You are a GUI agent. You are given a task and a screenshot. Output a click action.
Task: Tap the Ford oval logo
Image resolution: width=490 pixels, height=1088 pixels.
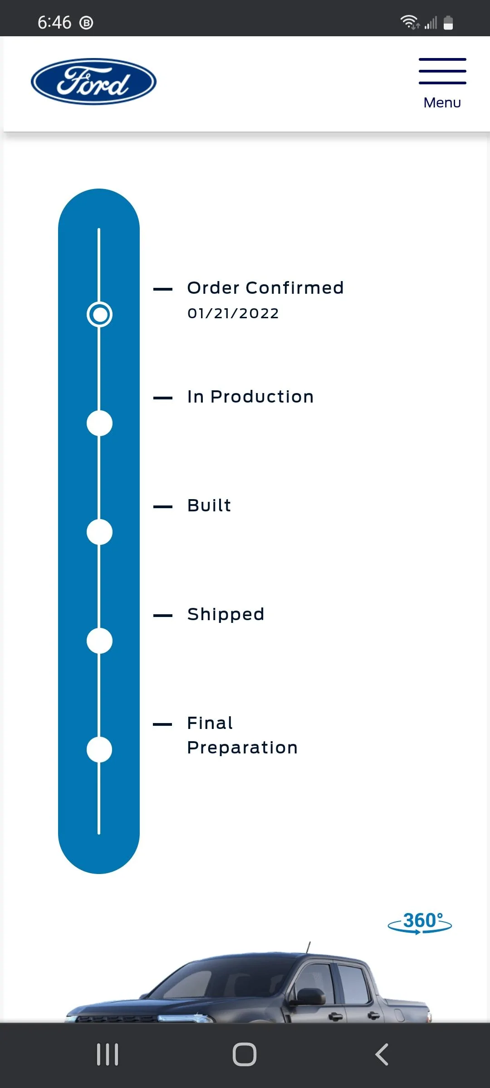pyautogui.click(x=94, y=82)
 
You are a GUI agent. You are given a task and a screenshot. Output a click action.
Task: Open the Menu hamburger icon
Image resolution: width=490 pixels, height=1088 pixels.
pyautogui.click(x=442, y=71)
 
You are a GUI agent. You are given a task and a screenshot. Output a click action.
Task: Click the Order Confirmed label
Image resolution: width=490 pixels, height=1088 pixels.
pyautogui.click(x=265, y=288)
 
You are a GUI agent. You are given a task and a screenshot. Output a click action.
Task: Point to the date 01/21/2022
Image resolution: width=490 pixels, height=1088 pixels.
pyautogui.click(x=233, y=313)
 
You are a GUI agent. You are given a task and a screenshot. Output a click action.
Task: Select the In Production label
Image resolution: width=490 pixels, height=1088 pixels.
pyautogui.click(x=250, y=397)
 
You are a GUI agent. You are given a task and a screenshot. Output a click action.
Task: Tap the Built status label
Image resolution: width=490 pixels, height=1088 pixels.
pyautogui.click(x=209, y=505)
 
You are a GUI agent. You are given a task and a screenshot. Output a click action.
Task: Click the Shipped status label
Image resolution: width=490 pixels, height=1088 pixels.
pyautogui.click(x=226, y=615)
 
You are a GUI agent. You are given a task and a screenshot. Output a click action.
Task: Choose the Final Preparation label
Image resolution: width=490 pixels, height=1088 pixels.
pyautogui.click(x=242, y=735)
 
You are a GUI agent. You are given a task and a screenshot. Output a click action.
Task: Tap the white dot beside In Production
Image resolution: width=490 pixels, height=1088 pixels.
pyautogui.click(x=99, y=423)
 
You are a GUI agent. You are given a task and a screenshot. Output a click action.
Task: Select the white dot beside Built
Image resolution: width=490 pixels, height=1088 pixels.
pyautogui.click(x=99, y=532)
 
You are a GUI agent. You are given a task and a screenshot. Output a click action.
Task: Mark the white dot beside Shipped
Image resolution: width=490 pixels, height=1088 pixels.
pyautogui.click(x=99, y=641)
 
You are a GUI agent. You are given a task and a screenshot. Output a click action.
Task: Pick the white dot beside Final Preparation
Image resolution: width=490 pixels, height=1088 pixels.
pyautogui.click(x=99, y=750)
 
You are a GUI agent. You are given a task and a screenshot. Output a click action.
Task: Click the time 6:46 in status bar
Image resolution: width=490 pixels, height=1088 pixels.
pyautogui.click(x=54, y=22)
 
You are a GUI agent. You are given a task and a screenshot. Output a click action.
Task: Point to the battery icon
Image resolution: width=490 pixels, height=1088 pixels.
pyautogui.click(x=448, y=22)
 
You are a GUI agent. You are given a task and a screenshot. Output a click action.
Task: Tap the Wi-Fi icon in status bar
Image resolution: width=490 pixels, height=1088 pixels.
pyautogui.click(x=410, y=22)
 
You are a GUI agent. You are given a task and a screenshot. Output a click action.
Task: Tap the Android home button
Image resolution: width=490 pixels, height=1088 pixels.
pyautogui.click(x=245, y=1054)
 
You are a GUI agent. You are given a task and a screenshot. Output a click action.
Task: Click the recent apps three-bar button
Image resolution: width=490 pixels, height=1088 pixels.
pyautogui.click(x=108, y=1054)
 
